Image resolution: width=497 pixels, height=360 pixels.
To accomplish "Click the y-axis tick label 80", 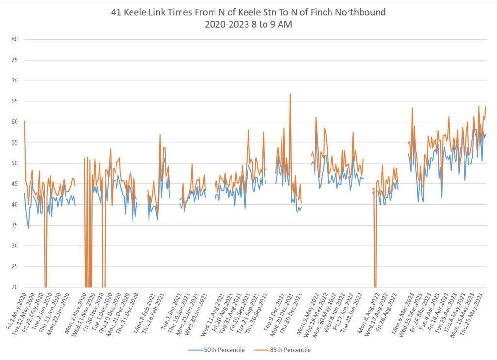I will point(15,39).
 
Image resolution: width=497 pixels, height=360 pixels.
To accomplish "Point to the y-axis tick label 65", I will point(15,101).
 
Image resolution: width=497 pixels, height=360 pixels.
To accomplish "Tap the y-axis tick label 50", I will point(15,164).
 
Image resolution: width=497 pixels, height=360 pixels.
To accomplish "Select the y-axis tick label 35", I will point(15,225).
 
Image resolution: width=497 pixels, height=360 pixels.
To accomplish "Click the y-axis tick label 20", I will point(15,287).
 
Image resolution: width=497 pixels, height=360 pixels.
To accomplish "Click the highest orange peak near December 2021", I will point(290,94).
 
